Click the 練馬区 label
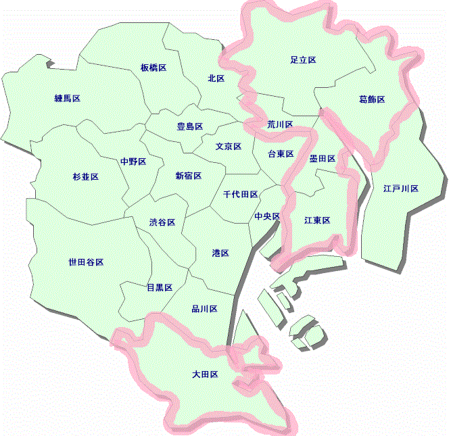pyautogui.click(x=67, y=99)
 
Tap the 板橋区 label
pyautogui.click(x=153, y=68)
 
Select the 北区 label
pyautogui.click(x=216, y=78)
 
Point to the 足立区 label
pyautogui.click(x=303, y=60)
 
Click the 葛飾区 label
pyautogui.click(x=371, y=100)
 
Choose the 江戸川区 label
pyautogui.click(x=400, y=189)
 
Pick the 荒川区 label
pyautogui.click(x=280, y=124)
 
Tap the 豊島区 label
pyautogui.click(x=190, y=126)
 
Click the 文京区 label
pyautogui.click(x=229, y=146)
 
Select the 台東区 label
pyautogui.click(x=281, y=154)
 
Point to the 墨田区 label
pyautogui.click(x=323, y=158)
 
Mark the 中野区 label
pyautogui.click(x=133, y=162)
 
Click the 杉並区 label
pyautogui.click(x=85, y=177)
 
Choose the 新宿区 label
pyautogui.click(x=189, y=176)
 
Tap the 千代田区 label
pyautogui.click(x=240, y=195)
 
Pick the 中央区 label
pyautogui.click(x=267, y=216)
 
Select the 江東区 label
pyautogui.click(x=317, y=220)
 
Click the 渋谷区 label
pyautogui.click(x=162, y=222)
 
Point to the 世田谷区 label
pyautogui.click(x=86, y=262)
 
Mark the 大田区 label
pyautogui.click(x=204, y=374)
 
